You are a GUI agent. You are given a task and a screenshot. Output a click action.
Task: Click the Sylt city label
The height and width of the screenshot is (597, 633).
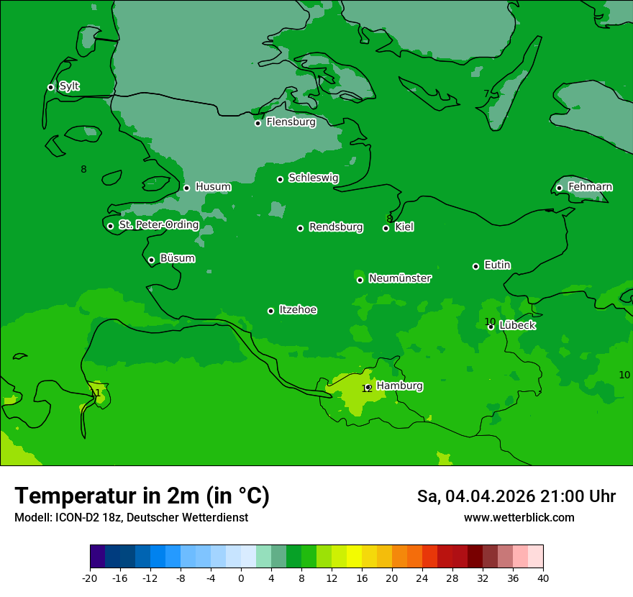point(69,86)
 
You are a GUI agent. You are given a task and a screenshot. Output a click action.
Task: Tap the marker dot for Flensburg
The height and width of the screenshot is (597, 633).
point(258,123)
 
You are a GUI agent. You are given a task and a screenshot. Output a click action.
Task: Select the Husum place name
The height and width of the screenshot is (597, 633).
point(213,187)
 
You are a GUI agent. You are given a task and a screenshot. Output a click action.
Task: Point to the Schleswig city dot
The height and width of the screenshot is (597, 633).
point(280,179)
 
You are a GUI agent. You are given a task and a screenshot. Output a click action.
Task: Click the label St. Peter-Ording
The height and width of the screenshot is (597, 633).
point(158,225)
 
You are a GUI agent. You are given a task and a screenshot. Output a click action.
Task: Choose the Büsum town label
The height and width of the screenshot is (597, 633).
point(177,258)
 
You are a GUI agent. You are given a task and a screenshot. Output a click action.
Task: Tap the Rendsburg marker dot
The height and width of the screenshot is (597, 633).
point(300,228)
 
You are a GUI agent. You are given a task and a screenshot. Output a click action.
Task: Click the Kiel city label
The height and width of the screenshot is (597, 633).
point(404,227)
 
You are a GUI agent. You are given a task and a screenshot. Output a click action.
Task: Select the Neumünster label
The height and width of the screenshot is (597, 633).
point(400,278)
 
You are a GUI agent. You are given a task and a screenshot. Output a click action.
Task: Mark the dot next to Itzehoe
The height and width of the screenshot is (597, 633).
point(270,311)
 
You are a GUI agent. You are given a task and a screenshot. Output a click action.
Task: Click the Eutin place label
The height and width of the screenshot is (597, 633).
point(497,265)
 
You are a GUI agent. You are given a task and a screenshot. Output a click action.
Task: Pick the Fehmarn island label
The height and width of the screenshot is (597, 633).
point(590,187)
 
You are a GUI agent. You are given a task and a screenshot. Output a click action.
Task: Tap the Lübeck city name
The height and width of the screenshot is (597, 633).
point(517,325)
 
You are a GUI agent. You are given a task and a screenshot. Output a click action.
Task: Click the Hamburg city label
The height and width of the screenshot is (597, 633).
point(399,386)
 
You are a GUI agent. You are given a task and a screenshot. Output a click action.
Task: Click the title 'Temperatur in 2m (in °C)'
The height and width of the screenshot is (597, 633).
point(142,496)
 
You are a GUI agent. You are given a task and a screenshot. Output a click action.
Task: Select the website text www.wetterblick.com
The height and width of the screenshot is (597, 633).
point(519,518)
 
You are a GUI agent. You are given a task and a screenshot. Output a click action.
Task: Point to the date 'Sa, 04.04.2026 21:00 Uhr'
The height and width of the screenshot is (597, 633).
point(516,496)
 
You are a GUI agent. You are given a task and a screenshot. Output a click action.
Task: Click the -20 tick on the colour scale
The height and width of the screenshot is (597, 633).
point(90,578)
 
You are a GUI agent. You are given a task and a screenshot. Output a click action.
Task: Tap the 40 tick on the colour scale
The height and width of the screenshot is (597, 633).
point(542,578)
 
